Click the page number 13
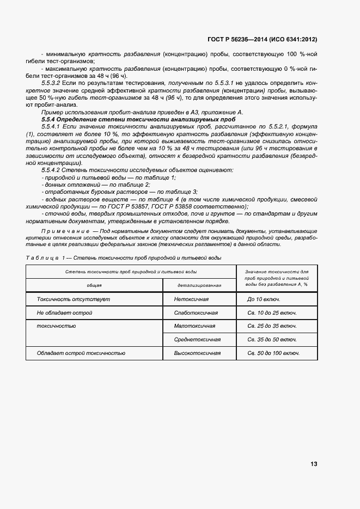click(314, 464)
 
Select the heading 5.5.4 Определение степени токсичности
click(138, 118)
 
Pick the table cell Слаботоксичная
click(196, 313)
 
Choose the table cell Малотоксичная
click(195, 326)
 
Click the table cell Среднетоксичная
click(197, 339)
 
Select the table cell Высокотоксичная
click(197, 353)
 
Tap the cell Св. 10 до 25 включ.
click(272, 313)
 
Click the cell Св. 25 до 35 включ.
click(272, 326)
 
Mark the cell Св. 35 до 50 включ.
click(272, 339)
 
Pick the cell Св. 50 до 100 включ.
click(273, 353)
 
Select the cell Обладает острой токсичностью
click(81, 353)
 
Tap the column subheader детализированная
click(198, 285)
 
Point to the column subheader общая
click(94, 285)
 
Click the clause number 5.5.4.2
click(52, 170)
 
